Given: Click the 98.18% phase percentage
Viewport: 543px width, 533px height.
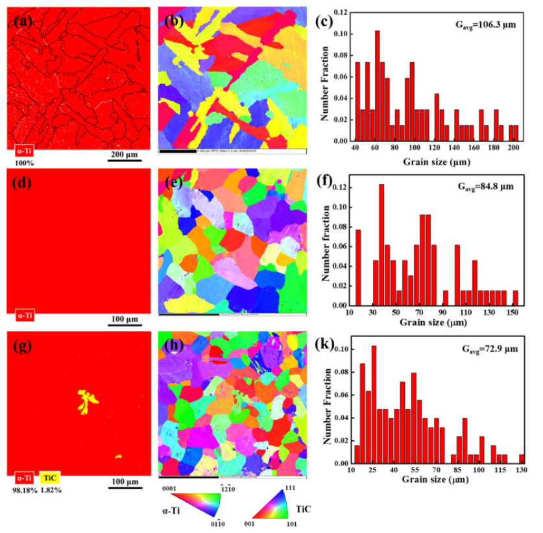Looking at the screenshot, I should (24, 490).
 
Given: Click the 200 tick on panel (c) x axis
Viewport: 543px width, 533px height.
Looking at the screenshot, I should (513, 148).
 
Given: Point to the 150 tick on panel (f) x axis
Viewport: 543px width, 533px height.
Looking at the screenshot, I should (514, 313).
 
